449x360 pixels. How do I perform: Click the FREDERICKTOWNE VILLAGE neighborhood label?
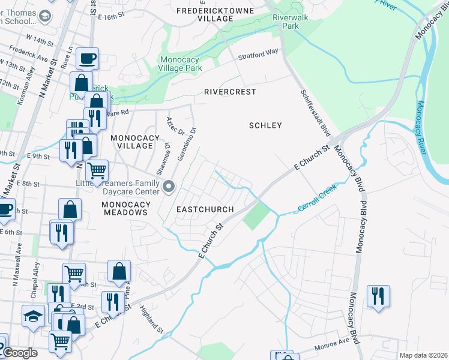pyautogui.click(x=205, y=14)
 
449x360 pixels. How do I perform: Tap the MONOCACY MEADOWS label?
pyautogui.click(x=125, y=208)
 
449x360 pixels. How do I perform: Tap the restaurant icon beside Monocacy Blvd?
pyautogui.click(x=378, y=296)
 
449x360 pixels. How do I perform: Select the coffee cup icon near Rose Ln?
pyautogui.click(x=87, y=58)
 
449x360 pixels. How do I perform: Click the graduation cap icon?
pyautogui.click(x=32, y=316)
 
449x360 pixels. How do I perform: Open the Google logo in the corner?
pyautogui.click(x=19, y=353)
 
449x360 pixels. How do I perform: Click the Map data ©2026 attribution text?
pyautogui.click(x=423, y=355)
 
